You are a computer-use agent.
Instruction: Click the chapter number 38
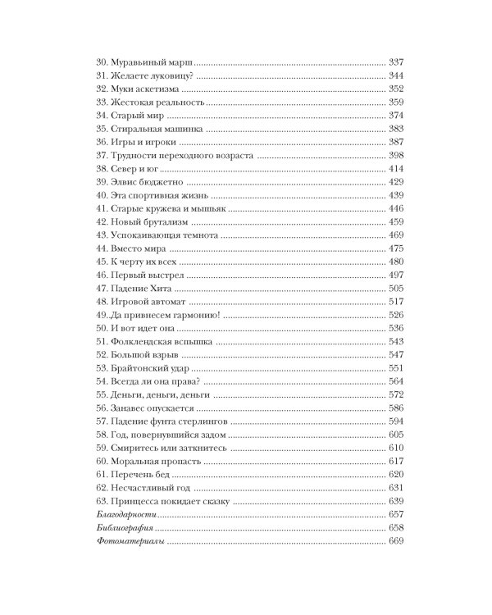102,167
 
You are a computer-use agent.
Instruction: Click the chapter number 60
102,462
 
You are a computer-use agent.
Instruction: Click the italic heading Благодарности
124,516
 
